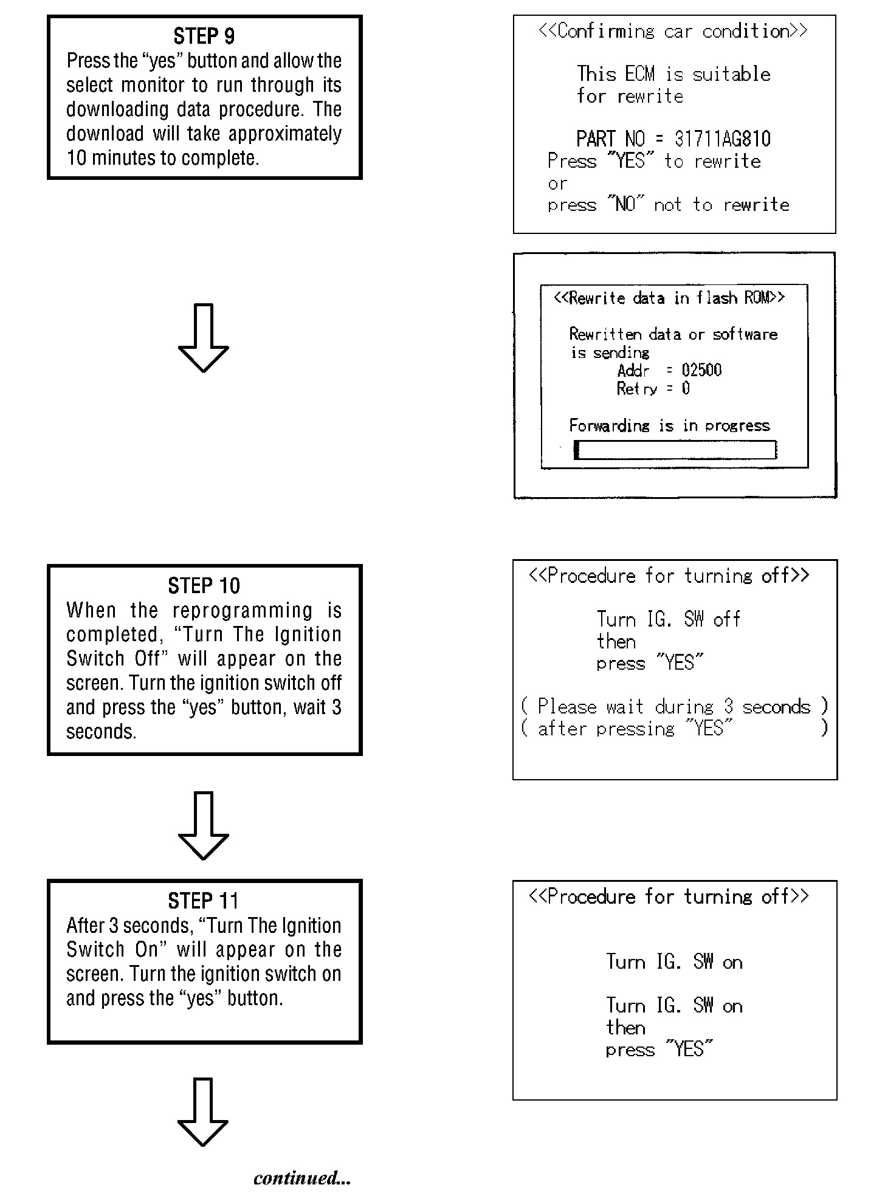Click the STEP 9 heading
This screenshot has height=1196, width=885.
click(204, 36)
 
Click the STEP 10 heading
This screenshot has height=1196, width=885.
click(204, 586)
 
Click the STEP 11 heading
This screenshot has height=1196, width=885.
click(204, 901)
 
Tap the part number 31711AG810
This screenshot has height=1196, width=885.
click(722, 139)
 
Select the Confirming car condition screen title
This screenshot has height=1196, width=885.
click(673, 31)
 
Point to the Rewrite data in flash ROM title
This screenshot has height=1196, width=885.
click(669, 298)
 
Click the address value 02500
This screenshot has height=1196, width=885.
click(701, 370)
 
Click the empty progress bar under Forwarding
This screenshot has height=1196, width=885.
click(675, 450)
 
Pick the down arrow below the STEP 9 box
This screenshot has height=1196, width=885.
click(204, 338)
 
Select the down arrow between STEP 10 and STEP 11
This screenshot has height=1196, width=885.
click(204, 825)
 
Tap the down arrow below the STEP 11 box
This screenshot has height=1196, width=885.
click(204, 1112)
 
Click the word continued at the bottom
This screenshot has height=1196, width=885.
click(301, 1178)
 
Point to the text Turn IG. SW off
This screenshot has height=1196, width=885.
click(668, 619)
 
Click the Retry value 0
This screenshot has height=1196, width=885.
click(686, 388)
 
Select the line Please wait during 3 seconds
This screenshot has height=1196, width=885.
click(674, 707)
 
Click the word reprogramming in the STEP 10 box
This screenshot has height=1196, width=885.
click(243, 610)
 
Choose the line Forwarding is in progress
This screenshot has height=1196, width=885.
click(669, 425)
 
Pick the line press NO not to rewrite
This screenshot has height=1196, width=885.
click(668, 205)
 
